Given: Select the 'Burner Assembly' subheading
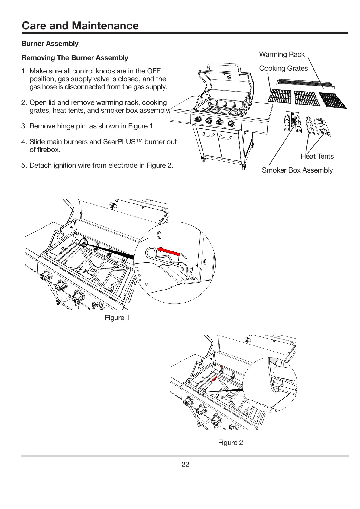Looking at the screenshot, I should coord(50,44).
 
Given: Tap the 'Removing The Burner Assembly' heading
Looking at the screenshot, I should coord(75,58).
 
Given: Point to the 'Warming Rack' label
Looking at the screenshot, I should coord(282,54).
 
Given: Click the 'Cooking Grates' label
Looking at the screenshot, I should coord(283,68).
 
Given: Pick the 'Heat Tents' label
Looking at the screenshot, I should coord(317,156).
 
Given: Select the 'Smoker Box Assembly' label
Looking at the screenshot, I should coord(297,170).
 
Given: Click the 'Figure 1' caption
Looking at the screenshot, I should coord(117,318).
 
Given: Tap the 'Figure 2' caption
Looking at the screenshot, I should coord(230,443).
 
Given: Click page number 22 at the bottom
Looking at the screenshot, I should coord(185,465).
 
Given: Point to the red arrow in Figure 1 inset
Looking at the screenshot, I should coord(169,252).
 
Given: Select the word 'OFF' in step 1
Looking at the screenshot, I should coord(153,71).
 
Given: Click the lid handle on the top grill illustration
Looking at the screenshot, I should coord(224,65).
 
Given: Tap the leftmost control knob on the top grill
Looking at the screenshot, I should coord(198,119).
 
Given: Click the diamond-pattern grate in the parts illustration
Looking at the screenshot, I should coord(333,100).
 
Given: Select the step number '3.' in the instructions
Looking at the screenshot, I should coord(24,126).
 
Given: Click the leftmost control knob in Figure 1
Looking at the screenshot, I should coord(46,276).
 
